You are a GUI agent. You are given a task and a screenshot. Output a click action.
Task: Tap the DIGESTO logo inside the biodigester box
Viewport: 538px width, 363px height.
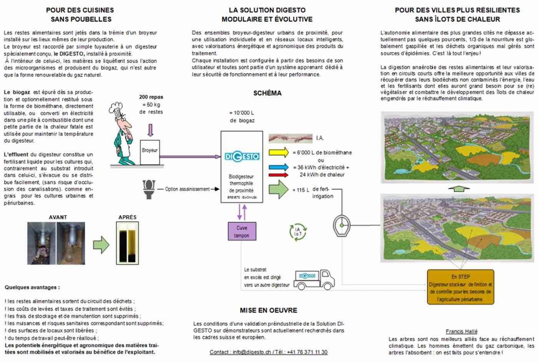[x=242, y=157]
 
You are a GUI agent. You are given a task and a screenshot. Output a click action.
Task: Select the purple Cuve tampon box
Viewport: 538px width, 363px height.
[x=242, y=232]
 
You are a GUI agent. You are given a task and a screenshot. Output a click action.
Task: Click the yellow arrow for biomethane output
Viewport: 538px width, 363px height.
[x=278, y=152]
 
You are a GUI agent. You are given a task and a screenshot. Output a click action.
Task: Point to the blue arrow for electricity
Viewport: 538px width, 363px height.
[x=278, y=167]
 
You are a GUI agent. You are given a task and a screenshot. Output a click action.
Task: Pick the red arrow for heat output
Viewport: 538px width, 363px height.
[x=278, y=174]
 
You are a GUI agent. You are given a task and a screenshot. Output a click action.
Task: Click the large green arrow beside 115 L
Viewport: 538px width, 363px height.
[x=278, y=189]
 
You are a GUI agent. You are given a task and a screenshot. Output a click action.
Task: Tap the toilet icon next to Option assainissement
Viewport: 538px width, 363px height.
[x=149, y=189]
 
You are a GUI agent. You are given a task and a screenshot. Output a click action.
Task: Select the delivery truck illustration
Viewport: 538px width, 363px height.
[x=314, y=280]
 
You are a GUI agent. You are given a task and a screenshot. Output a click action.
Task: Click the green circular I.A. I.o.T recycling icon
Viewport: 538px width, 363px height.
[x=298, y=232]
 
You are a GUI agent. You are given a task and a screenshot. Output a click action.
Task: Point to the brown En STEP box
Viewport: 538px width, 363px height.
[x=460, y=287]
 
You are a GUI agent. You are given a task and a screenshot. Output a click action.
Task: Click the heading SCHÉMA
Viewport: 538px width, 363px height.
[x=267, y=93]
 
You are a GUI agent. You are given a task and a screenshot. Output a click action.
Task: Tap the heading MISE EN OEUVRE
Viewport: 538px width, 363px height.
[x=268, y=310]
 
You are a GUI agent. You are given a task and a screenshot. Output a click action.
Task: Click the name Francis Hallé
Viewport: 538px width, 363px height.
[x=462, y=331]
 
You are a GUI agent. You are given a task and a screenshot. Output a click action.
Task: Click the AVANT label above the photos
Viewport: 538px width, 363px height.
[x=58, y=217]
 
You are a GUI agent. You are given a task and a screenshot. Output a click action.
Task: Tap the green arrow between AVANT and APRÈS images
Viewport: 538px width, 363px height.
[x=101, y=245]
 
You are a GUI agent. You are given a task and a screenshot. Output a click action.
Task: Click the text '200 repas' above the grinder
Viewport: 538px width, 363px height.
[x=151, y=97]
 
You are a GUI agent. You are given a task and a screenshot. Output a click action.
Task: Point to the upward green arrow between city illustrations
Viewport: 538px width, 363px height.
[x=459, y=189]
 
